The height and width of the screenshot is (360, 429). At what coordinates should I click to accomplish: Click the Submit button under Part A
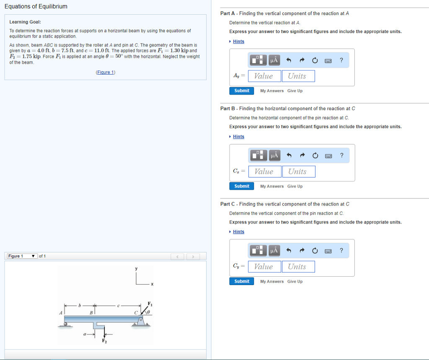242,91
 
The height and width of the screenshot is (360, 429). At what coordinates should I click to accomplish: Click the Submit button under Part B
242,186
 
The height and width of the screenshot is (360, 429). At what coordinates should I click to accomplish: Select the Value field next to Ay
264,76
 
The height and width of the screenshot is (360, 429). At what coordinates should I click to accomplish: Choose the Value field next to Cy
264,267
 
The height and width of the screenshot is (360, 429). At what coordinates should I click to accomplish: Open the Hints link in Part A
238,41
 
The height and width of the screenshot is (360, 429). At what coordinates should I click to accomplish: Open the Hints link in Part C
238,232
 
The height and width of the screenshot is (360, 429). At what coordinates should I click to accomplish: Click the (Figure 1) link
106,72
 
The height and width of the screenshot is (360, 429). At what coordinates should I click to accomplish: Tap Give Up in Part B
295,186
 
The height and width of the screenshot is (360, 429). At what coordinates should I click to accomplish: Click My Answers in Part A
271,91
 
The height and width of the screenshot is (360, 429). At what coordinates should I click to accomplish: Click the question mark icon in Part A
342,60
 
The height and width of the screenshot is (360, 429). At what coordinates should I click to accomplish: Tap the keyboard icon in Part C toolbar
329,251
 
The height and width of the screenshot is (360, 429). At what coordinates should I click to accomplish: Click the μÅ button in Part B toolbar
274,156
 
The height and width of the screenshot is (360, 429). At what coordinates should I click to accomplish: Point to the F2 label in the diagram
104,340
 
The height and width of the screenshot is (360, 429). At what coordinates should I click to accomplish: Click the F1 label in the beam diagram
150,303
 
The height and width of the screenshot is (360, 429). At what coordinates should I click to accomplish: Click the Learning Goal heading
25,22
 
